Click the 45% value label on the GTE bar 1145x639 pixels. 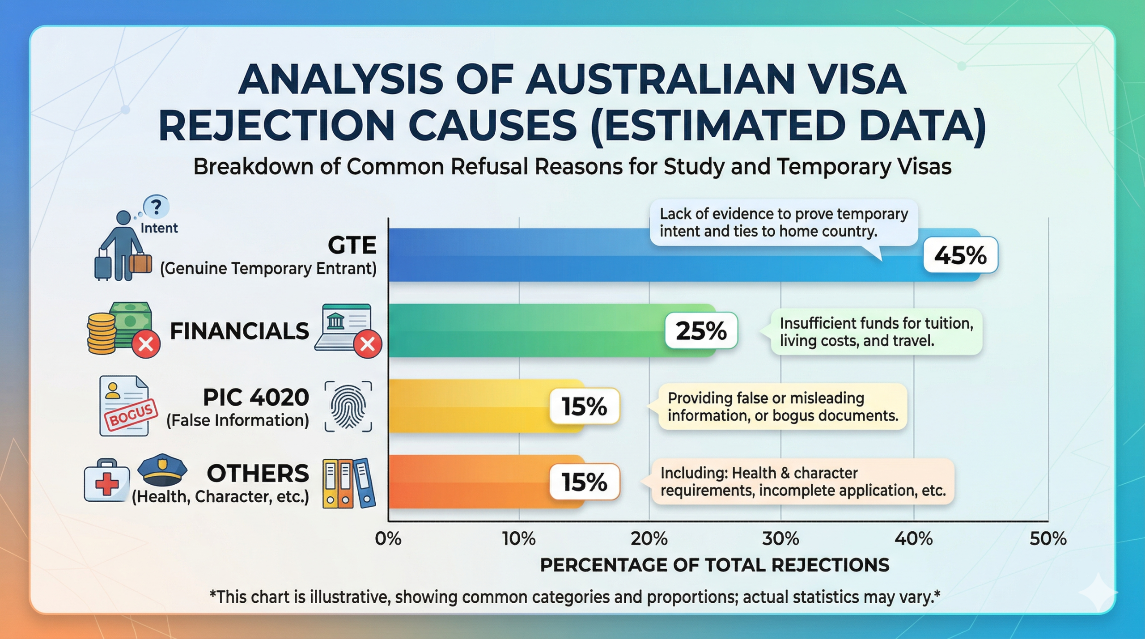coord(960,255)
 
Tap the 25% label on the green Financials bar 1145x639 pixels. coord(701,331)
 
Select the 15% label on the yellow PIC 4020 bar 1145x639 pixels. coord(584,406)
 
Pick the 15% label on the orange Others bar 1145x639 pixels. coord(584,482)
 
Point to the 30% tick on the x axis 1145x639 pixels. coord(780,539)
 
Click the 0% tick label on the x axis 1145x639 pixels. coord(388,539)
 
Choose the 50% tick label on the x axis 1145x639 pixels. coord(1047,539)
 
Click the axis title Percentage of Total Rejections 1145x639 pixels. coord(714,565)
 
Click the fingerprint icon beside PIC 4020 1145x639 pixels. coord(348,406)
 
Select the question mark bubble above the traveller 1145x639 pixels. coord(156,207)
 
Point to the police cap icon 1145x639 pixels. coord(162,470)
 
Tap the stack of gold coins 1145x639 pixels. coord(102,334)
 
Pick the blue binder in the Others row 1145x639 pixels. coord(364,483)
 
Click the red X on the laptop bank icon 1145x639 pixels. coord(367,344)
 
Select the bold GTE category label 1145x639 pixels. coord(352,245)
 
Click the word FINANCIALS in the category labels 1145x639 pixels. coord(239,331)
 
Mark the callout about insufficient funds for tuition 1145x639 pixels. coord(876,332)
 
